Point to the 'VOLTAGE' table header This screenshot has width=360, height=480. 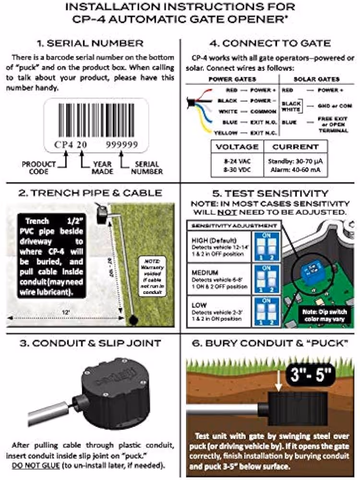pos(237,146)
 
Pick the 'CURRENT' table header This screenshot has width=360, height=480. pos(296,146)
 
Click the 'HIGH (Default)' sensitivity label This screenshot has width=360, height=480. pos(207,240)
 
